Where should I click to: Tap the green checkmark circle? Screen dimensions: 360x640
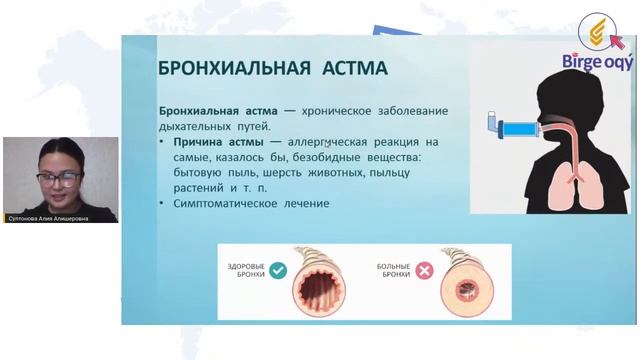point(278,270)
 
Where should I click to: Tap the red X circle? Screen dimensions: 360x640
point(425,271)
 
